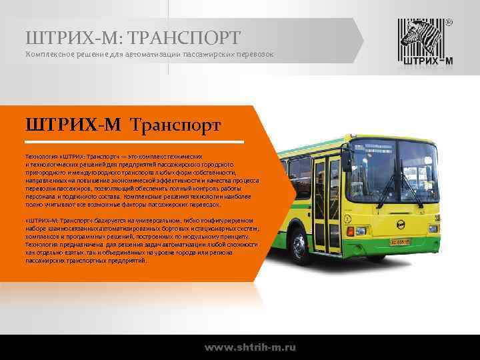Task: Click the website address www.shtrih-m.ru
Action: point(250,347)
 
